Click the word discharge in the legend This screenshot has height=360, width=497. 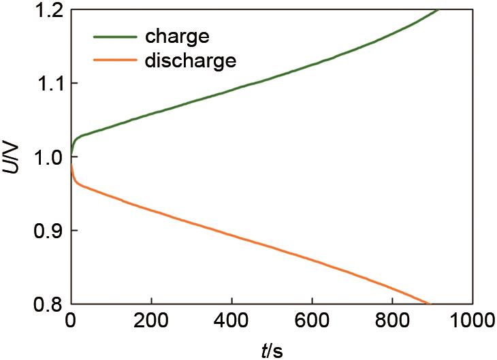190,61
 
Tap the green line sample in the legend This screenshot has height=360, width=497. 115,36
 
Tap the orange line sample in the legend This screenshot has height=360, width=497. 115,61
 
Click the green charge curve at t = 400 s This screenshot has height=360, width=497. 231,90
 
